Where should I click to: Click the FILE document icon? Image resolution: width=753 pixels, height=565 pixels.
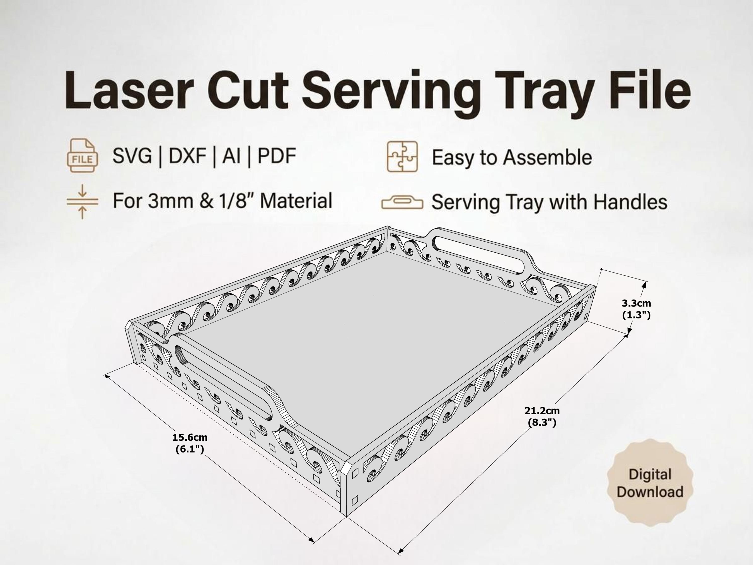82,155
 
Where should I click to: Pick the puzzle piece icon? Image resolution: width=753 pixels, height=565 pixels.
402,157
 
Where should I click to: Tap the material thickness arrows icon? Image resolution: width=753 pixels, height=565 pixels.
82,201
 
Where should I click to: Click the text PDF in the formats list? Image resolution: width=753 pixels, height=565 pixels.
277,156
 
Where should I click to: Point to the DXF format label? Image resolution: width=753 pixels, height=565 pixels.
187,156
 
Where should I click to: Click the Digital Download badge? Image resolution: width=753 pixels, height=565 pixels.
650,483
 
